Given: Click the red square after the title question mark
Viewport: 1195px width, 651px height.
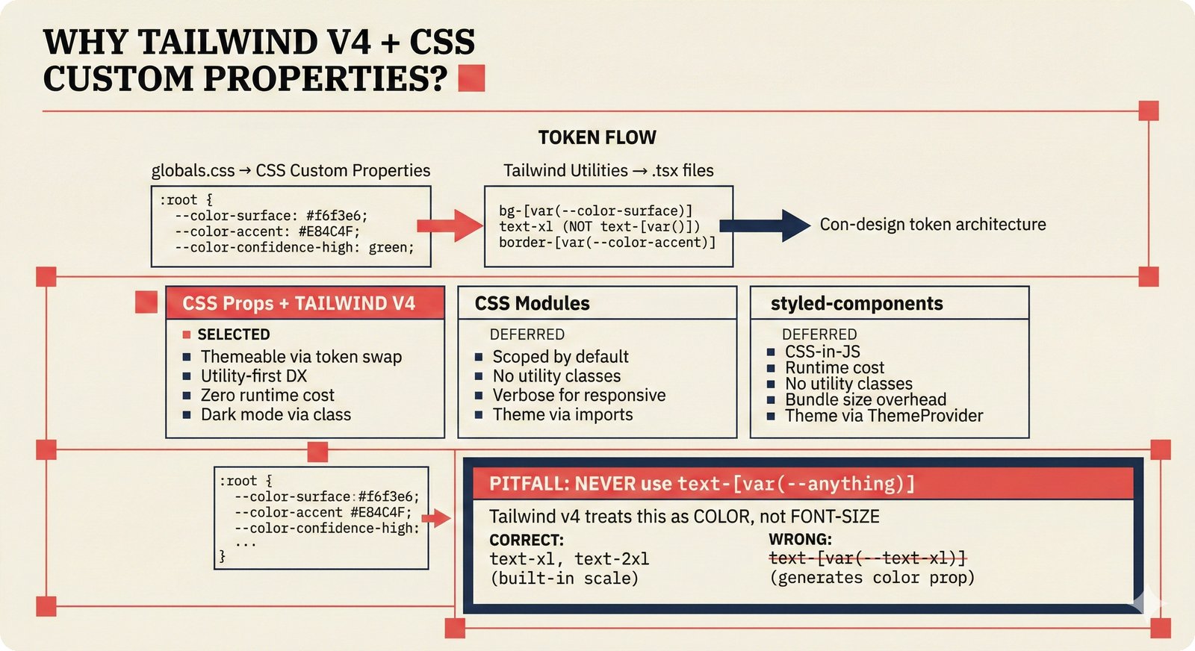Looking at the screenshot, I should pos(471,78).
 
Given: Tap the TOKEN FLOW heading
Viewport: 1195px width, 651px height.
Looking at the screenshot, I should pos(597,137).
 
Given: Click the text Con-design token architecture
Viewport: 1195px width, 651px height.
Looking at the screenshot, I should pos(932,225).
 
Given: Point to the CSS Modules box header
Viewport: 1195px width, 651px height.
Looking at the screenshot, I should pos(532,304).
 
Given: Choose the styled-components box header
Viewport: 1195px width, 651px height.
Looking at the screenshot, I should pos(857,304).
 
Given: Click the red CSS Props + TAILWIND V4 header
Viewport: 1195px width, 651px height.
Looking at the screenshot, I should pos(299,304).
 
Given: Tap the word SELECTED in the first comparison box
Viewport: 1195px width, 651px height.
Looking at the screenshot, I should pos(233,334).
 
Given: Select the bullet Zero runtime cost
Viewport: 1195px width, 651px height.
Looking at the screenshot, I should pos(267,396).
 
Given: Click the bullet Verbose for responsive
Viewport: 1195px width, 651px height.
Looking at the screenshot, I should pos(579,396).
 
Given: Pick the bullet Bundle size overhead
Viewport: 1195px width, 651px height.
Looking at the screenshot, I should pos(865,399).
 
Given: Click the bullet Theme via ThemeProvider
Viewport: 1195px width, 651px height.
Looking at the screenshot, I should pos(884,416).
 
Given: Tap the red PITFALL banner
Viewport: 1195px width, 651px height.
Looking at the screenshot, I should pos(803,484).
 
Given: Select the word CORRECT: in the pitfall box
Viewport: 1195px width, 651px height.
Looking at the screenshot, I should pos(527,540).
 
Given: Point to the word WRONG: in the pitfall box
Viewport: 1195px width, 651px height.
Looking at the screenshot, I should pos(800,539).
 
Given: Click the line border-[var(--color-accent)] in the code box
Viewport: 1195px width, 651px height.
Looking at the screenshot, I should pos(607,243).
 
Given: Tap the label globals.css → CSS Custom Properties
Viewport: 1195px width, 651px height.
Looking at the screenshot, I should pos(291,171).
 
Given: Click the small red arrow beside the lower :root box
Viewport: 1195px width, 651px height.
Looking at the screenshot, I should pos(439,517).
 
